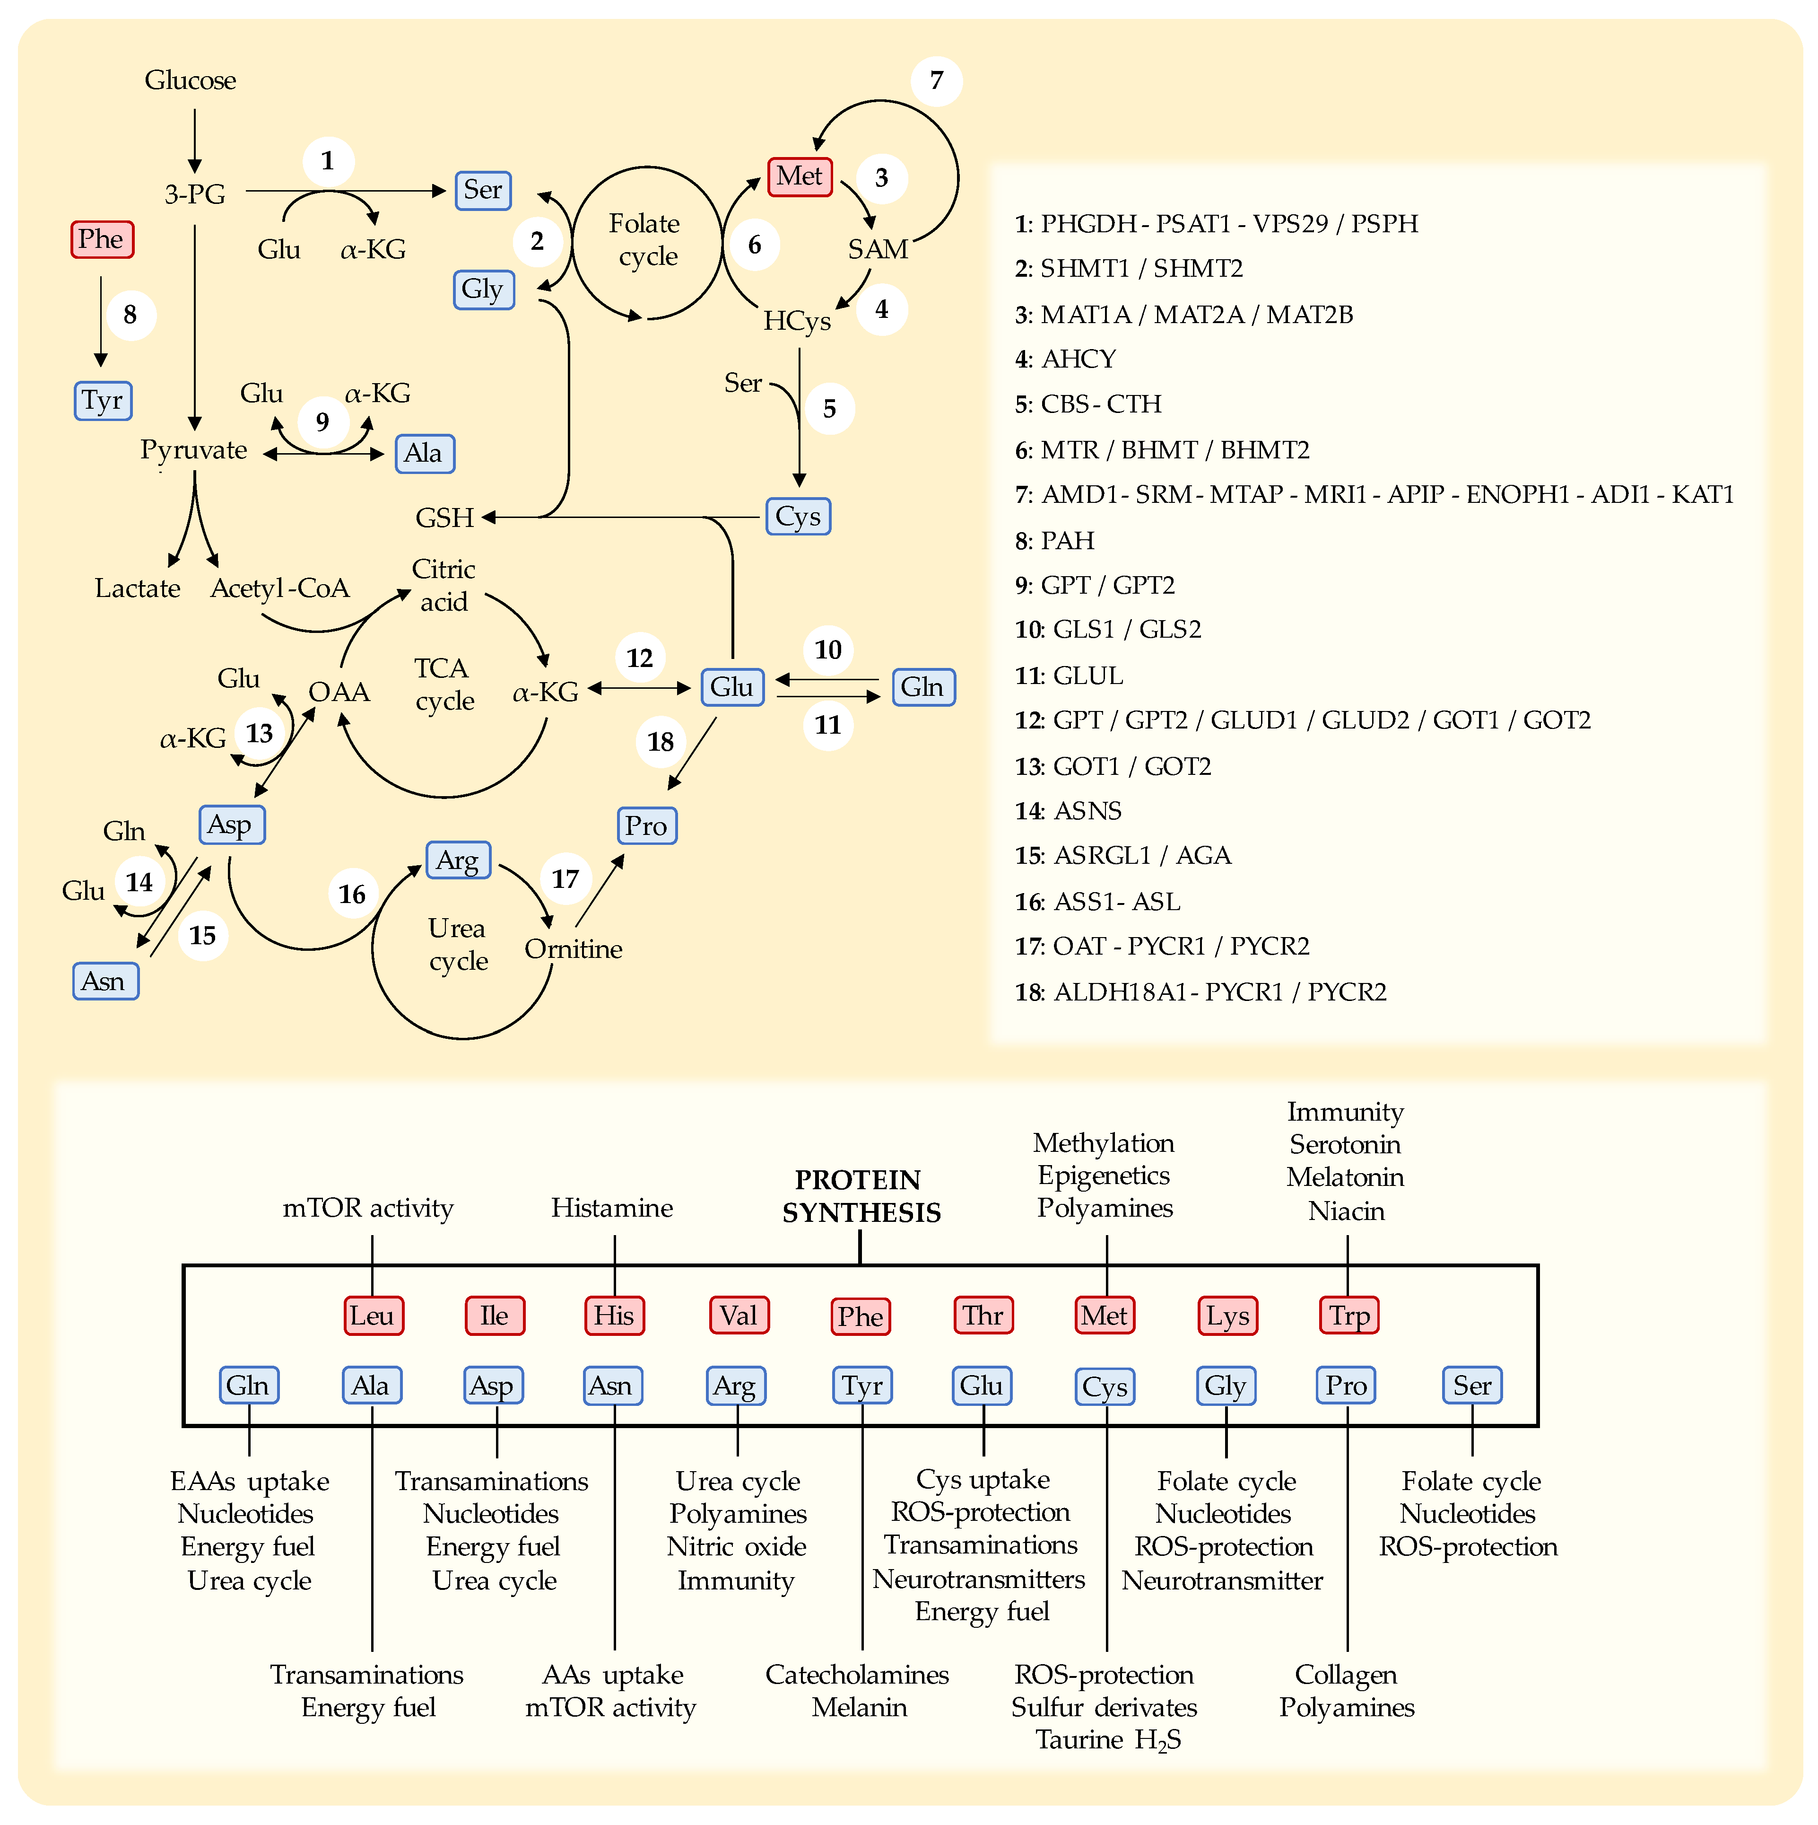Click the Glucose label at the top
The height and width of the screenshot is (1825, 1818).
pos(190,80)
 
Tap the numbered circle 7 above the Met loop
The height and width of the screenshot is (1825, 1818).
pos(936,80)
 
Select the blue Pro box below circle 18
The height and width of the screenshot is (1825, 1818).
pos(646,825)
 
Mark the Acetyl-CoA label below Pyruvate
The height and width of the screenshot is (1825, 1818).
pos(279,588)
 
